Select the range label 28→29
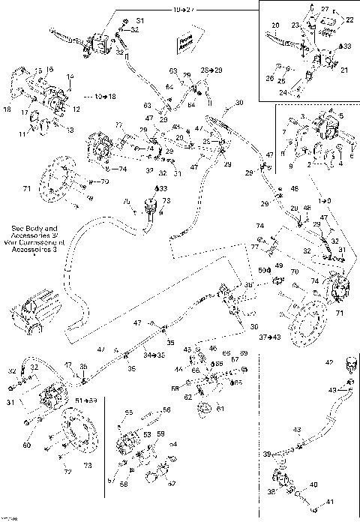click(x=212, y=69)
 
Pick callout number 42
click(x=328, y=362)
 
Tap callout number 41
click(x=328, y=502)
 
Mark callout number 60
click(x=27, y=445)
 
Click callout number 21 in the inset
click(x=345, y=70)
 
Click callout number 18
click(x=7, y=110)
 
